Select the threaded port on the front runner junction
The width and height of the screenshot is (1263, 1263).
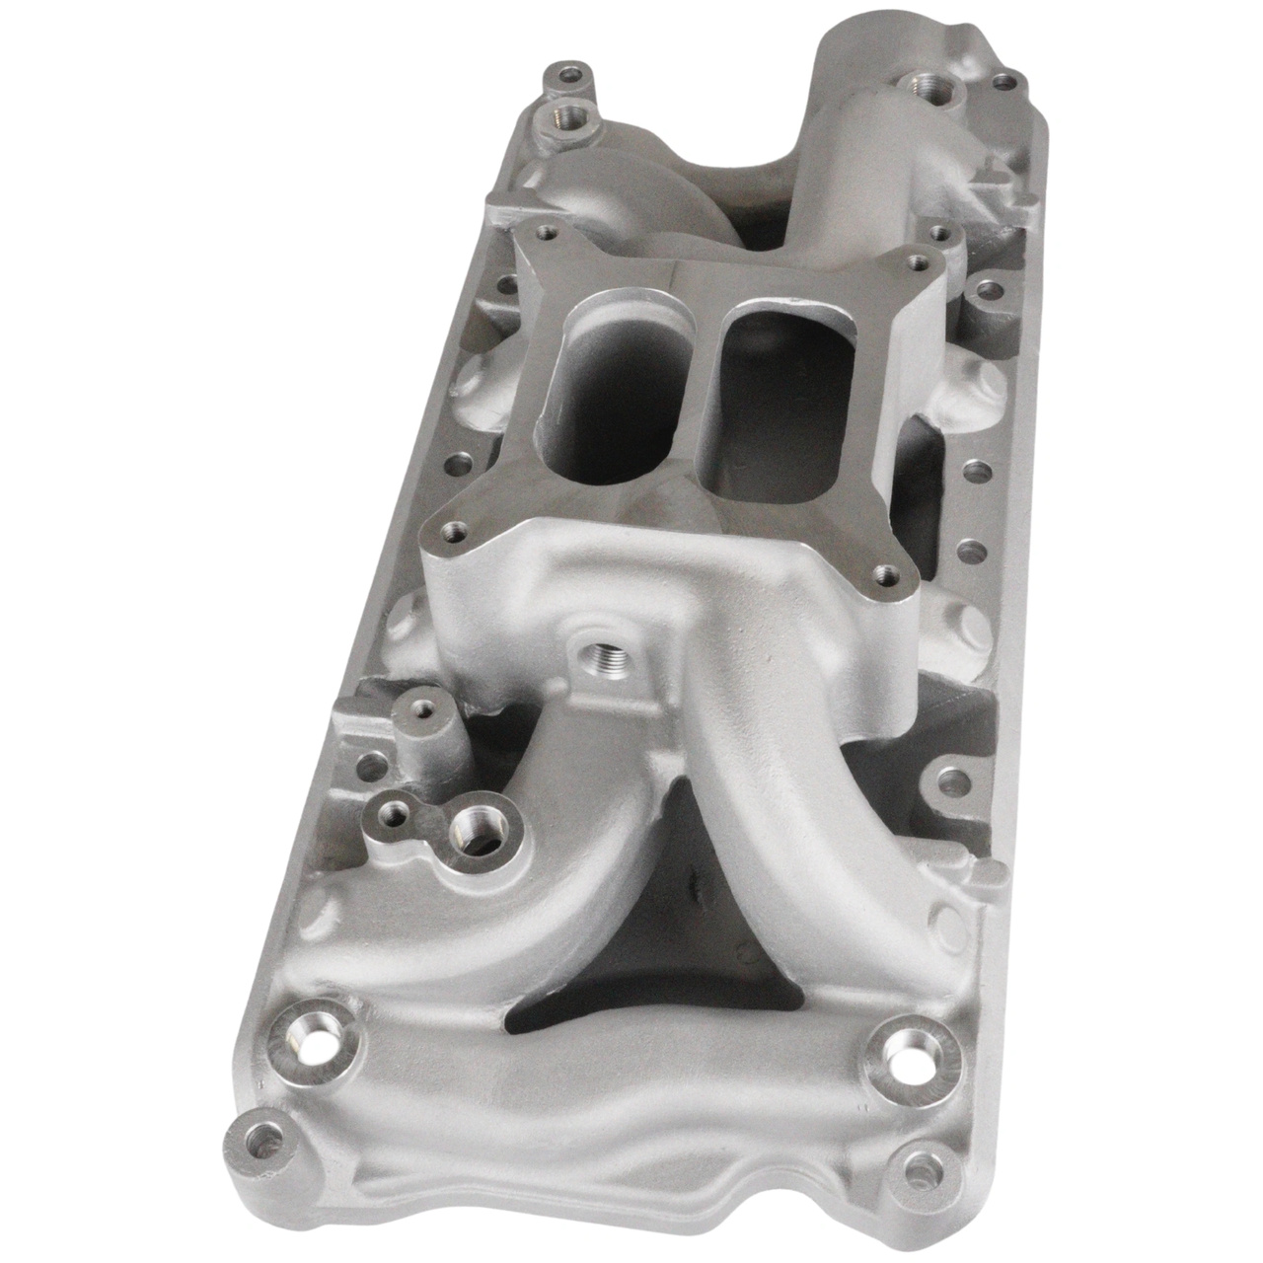point(594,654)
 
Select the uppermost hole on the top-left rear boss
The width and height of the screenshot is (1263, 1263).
point(570,75)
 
